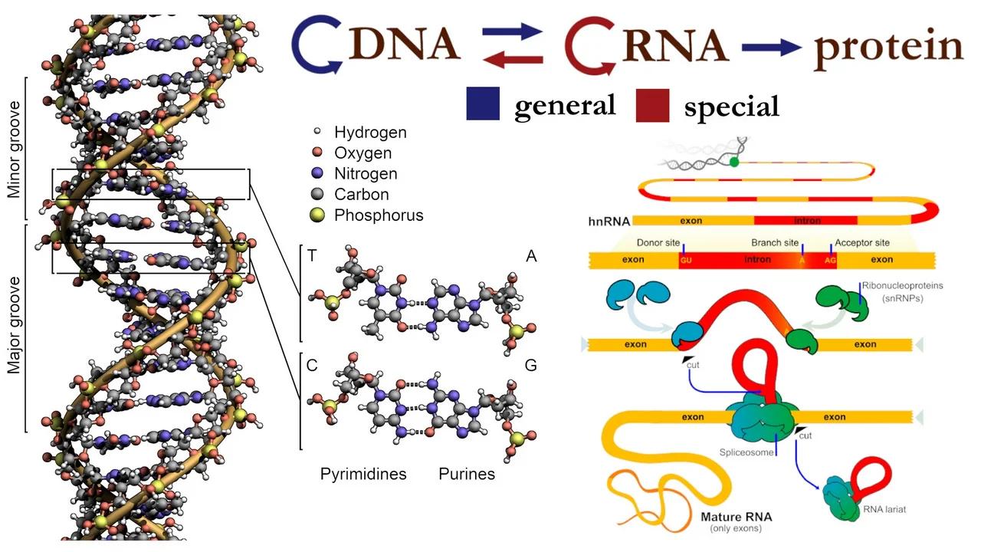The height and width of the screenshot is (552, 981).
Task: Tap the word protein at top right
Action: [x=887, y=48]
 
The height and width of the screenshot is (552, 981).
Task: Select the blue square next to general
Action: [x=483, y=104]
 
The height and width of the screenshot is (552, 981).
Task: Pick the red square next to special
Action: [x=652, y=105]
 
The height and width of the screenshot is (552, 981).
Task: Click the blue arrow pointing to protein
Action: [x=771, y=48]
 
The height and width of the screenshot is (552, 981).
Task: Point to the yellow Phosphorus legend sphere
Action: [x=318, y=215]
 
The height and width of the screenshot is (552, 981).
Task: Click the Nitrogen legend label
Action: [x=366, y=174]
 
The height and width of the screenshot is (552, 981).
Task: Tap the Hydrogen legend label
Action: [x=370, y=133]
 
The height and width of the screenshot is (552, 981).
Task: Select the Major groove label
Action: [x=14, y=327]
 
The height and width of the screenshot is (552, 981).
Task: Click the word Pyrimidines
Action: [x=363, y=474]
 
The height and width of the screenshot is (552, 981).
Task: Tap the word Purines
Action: [x=467, y=474]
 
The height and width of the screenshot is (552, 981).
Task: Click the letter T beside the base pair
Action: [x=312, y=256]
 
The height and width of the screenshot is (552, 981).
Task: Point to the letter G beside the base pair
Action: [x=530, y=365]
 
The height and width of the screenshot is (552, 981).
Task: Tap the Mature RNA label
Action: [x=737, y=517]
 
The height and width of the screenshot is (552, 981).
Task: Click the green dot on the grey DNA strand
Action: [x=734, y=162]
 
